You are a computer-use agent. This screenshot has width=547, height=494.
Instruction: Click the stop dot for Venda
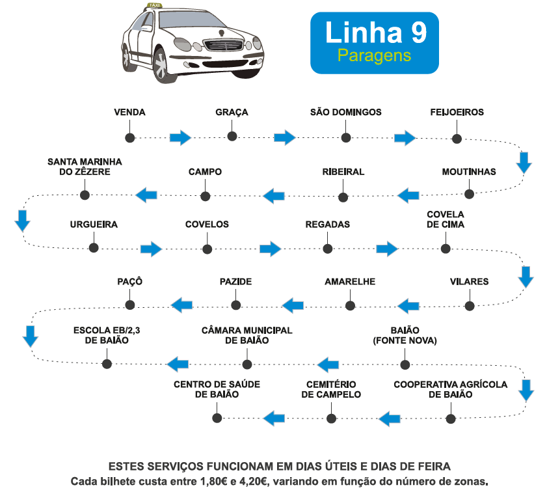129,137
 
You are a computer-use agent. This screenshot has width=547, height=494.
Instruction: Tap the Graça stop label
232,112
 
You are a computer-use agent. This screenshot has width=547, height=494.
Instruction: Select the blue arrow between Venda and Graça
180,137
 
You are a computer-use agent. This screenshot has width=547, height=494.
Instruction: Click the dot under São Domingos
346,137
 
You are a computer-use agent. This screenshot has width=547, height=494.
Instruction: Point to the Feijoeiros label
457,112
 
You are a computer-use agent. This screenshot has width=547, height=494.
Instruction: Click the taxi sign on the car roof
155,5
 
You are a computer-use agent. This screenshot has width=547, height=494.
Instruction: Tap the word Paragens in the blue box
375,56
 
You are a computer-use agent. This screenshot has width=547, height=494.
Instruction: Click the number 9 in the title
416,33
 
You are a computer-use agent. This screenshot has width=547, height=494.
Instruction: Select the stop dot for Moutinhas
469,193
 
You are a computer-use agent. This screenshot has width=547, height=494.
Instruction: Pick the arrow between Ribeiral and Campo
274,194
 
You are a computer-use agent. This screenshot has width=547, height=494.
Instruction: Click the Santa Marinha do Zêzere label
85,167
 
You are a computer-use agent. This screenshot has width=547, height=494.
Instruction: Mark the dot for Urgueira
94,247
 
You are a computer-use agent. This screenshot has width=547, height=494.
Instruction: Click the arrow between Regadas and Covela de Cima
387,249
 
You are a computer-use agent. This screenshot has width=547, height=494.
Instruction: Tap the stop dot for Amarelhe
350,305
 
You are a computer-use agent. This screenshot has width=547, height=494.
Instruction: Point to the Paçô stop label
129,282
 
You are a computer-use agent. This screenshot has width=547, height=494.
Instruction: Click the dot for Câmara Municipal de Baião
247,363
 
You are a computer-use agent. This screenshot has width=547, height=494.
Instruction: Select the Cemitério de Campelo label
331,389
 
